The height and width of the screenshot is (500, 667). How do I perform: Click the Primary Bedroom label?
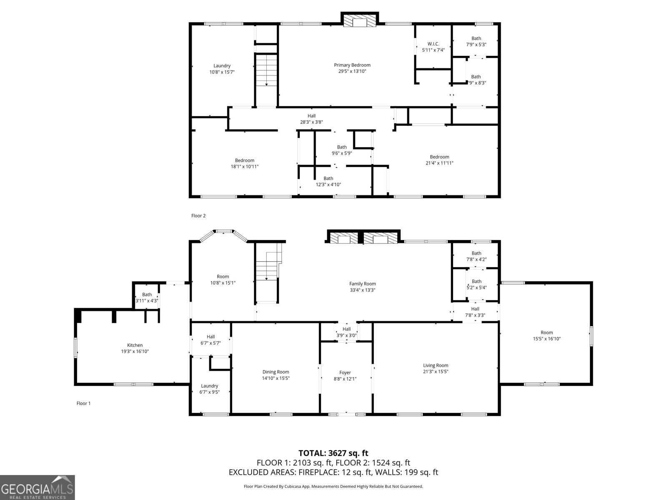coord(352,65)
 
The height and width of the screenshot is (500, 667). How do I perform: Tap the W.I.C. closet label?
coord(433,44)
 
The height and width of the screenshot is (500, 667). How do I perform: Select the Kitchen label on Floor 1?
coord(135,345)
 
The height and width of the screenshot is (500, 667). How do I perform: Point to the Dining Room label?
coord(276,372)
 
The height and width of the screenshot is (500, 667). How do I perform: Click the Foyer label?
coord(345,372)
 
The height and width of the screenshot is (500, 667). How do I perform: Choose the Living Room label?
coord(436,365)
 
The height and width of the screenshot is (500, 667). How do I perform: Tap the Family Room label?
coord(363,284)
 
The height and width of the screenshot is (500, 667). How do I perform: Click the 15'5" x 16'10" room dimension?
coord(547,339)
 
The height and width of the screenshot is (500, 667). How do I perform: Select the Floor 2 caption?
coord(198,216)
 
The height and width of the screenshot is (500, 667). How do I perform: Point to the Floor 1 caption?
coord(83,403)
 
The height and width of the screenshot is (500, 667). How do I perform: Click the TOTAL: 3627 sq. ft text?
coord(333,453)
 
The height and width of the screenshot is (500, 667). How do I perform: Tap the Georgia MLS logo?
coord(37,487)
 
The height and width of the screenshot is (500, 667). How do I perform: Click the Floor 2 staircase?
coord(266,70)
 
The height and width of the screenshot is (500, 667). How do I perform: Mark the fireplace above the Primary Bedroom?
coord(360,20)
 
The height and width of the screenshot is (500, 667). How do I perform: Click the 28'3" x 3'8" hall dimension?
coord(311,122)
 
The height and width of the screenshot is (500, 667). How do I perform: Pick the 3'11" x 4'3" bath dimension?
coord(147,301)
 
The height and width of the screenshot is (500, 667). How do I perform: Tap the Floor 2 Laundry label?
coord(222,65)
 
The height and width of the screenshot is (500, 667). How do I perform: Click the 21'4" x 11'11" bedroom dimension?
coord(439,163)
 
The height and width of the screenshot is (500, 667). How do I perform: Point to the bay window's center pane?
coord(223,231)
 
